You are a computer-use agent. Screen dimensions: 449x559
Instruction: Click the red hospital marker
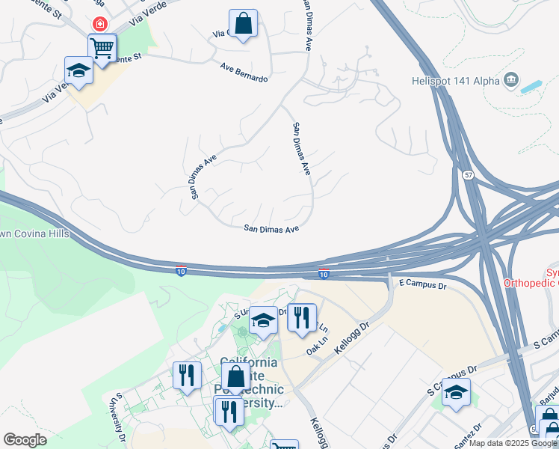point(99,23)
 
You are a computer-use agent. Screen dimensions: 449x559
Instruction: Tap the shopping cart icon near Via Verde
point(102,48)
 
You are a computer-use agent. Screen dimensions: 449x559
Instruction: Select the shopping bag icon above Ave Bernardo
point(243,23)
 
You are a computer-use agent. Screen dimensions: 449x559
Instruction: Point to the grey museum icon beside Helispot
point(511,79)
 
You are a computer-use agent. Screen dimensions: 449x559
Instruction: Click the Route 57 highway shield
point(468,174)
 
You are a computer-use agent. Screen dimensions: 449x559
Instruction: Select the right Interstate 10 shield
point(324,275)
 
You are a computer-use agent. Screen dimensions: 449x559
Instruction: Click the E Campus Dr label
point(422,285)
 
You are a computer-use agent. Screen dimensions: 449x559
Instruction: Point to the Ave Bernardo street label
point(244,73)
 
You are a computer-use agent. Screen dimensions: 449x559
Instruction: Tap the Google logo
point(25,440)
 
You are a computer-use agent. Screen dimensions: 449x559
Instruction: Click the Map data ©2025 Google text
point(512,443)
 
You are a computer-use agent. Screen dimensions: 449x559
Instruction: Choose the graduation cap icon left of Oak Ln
point(263,321)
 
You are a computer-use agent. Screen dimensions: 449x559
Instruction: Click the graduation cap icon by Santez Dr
point(456,391)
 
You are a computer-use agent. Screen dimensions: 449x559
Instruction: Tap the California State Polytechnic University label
point(252,382)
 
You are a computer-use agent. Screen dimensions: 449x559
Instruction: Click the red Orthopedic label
point(530,283)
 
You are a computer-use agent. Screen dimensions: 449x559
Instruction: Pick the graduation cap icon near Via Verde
point(78,70)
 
